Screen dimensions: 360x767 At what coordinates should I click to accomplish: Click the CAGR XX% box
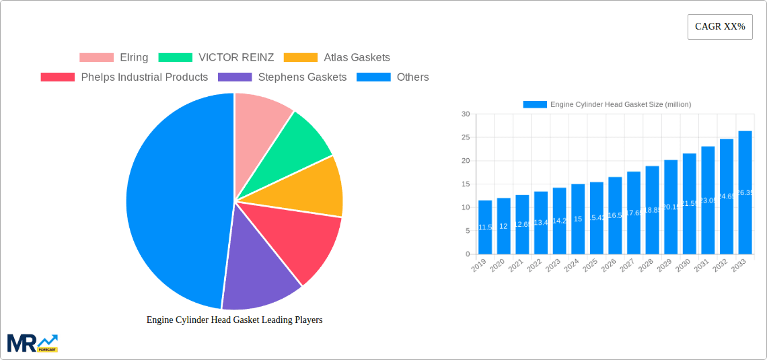tap(719, 27)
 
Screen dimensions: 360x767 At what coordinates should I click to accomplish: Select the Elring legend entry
tap(114, 58)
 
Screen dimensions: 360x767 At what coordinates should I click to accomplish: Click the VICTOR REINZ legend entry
tap(216, 58)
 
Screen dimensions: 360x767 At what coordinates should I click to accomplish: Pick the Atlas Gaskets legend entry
tap(337, 58)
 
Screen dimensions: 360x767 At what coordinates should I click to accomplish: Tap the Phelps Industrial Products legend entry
tap(124, 77)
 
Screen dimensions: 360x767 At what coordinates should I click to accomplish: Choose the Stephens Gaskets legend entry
tap(283, 77)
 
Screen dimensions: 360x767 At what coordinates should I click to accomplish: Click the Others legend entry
tap(393, 77)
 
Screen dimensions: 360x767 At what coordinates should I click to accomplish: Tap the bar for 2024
tap(578, 219)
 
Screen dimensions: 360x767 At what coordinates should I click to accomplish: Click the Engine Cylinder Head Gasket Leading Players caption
tap(234, 320)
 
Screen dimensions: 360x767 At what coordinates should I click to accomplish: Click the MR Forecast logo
tap(32, 343)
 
